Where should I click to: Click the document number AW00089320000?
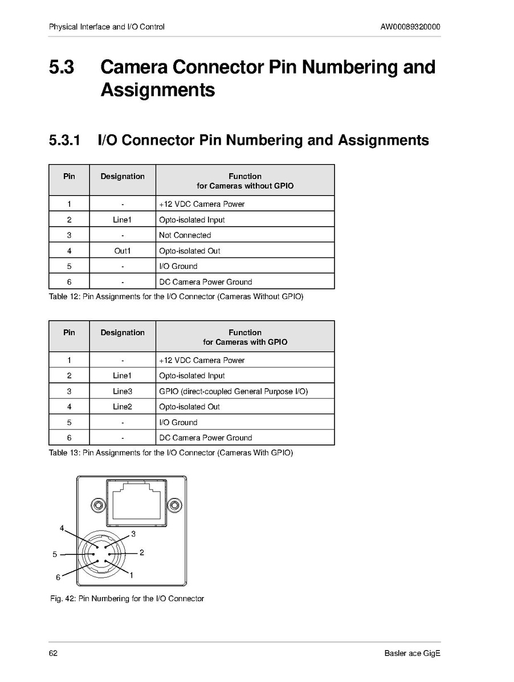click(410, 27)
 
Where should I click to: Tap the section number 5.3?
click(62, 68)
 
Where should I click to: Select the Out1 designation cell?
click(122, 251)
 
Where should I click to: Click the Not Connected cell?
click(185, 235)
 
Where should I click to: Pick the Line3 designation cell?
click(122, 391)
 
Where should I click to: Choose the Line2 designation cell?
click(122, 407)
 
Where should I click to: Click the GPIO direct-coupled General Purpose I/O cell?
click(234, 391)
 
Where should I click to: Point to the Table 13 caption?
click(170, 453)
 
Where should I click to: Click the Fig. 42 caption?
click(127, 599)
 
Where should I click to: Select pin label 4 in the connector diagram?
click(62, 528)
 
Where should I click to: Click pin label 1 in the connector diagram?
click(132, 575)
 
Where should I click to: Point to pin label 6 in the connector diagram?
click(58, 577)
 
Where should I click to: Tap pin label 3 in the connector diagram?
click(133, 534)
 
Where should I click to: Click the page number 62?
click(53, 654)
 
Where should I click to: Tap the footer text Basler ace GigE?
click(412, 654)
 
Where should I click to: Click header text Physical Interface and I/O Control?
click(107, 27)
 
